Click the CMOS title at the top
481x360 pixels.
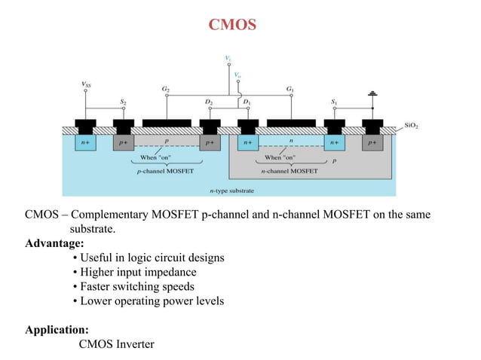232,26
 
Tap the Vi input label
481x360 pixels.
228,57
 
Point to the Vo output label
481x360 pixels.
238,75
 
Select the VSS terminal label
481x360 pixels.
87,84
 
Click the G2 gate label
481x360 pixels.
165,89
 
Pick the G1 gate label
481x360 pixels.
290,89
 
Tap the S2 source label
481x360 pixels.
124,101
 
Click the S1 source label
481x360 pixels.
335,101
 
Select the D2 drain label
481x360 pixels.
208,101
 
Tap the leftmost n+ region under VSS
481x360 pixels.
87,142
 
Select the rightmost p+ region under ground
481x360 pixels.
372,142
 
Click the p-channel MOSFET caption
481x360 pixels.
165,171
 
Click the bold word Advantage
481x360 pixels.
54,243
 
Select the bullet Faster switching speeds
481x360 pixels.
133,287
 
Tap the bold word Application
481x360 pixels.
57,330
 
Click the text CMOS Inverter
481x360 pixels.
116,344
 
